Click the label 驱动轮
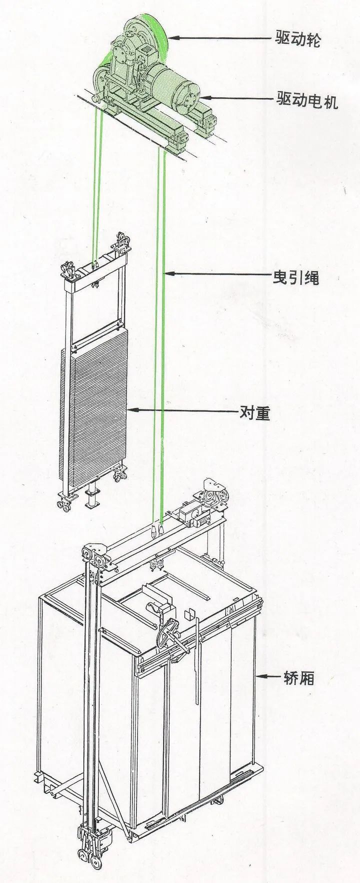point(298,38)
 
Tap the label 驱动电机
point(307,100)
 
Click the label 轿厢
point(295,677)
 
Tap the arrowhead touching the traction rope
point(168,273)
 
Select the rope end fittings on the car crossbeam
point(157,530)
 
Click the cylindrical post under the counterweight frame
point(91,497)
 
